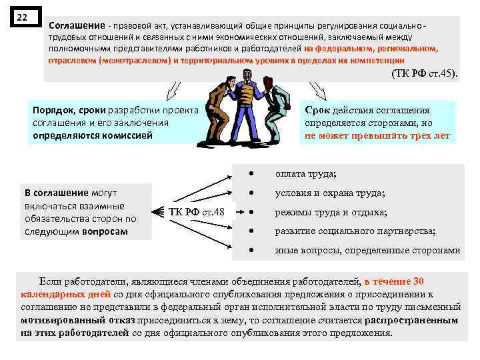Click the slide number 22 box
pos(22,17)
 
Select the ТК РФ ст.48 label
pos(196,213)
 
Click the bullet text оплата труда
pos(306,174)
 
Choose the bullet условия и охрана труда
pos(330,193)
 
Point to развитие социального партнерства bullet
pos(355,231)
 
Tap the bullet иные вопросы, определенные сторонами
pos(367,251)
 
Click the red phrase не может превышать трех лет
pos(377,135)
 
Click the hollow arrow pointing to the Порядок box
pos(173,89)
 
